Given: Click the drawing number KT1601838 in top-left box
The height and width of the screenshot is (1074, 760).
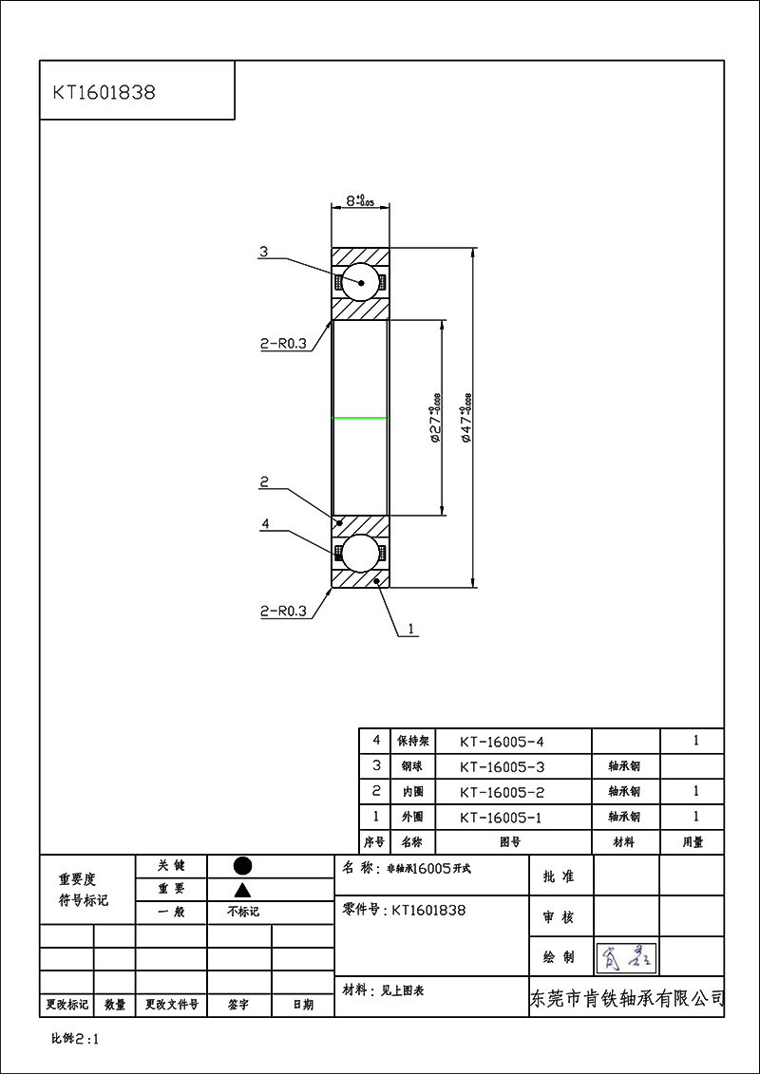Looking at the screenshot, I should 104,93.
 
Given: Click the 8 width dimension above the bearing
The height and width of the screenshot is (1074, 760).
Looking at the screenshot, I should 359,201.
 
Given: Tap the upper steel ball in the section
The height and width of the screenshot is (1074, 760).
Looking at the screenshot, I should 360,282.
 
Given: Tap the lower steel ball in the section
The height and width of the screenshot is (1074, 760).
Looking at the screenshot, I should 360,553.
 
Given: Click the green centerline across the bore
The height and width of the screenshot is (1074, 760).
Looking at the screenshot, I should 360,418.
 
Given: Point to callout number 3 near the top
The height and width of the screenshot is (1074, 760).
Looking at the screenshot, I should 264,253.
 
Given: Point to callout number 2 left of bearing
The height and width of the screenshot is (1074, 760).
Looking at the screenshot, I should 265,482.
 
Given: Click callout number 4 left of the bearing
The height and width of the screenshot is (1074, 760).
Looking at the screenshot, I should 265,523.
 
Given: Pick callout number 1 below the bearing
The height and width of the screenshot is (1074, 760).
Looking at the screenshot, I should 410,629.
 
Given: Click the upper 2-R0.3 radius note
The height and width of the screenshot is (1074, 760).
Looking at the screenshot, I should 283,345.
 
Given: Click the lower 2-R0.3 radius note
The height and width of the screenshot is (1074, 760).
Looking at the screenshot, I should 283,612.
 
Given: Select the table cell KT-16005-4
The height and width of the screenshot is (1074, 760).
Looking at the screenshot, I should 501,741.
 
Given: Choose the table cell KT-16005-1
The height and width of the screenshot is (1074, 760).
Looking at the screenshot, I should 501,817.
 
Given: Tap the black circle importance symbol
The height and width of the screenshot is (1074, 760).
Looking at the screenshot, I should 242,865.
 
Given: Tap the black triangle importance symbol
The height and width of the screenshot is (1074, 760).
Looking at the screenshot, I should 242,890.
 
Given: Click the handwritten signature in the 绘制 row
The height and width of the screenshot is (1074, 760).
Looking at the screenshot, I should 626,957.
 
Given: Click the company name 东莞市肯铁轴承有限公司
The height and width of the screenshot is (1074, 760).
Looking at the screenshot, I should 626,999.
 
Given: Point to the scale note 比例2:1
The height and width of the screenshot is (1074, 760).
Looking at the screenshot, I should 75,1039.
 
